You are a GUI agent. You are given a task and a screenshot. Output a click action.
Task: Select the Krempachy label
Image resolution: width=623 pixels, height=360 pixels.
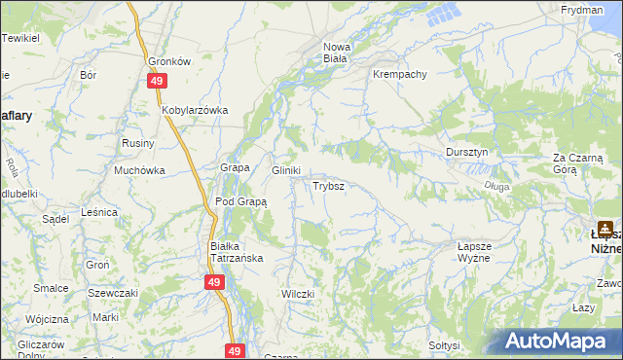coord(396,74)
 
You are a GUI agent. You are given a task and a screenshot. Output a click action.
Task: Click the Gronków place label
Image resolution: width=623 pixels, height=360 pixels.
coord(167,59)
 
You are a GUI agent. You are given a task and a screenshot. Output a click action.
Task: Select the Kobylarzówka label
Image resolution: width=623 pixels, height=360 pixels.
coord(195,110)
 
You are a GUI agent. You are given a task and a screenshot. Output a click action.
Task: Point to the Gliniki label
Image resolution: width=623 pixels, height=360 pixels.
coord(285,170)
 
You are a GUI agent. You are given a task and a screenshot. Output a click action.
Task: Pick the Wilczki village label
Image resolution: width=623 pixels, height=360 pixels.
coord(298,293)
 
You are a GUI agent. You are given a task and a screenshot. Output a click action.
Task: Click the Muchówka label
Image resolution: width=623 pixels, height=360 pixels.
coord(139,170)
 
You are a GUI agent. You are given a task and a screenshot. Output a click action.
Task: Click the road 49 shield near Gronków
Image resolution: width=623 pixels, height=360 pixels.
coord(156,83)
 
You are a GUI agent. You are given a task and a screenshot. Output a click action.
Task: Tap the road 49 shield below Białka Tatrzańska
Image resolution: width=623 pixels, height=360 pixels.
coord(215,282)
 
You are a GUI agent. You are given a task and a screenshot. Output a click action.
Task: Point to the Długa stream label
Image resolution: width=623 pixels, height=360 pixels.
coord(495,185)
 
